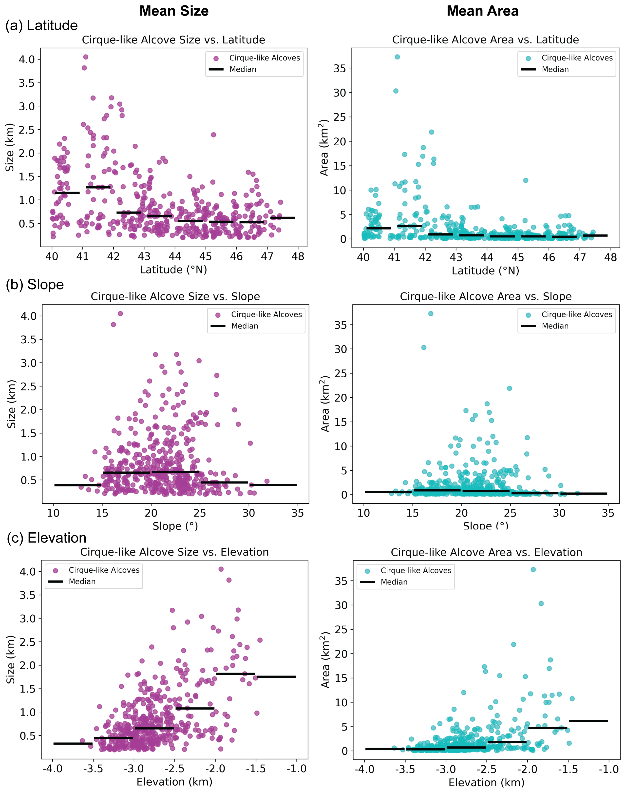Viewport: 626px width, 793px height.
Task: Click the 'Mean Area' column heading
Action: [x=482, y=11]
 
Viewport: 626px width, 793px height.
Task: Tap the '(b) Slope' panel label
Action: [x=35, y=285]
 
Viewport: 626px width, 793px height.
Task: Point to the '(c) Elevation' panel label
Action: [x=47, y=538]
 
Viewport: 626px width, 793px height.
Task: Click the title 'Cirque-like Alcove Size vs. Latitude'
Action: [x=173, y=39]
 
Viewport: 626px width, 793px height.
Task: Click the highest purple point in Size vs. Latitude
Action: [x=86, y=57]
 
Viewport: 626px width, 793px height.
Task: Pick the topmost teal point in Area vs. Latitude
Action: [x=397, y=57]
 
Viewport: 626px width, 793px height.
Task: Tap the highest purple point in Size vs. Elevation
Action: [x=221, y=569]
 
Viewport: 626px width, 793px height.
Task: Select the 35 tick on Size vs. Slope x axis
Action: [x=298, y=513]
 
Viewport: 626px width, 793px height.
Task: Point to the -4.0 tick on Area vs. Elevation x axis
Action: [x=364, y=769]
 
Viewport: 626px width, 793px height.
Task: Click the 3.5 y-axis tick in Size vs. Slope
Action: [x=29, y=340]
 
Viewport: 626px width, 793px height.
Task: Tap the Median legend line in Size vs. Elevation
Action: [x=56, y=581]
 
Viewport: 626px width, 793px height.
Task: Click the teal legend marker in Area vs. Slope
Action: [x=528, y=315]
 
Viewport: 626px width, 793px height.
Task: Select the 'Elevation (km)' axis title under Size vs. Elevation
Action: [x=174, y=782]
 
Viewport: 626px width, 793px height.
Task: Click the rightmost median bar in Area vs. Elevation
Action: [x=588, y=721]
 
